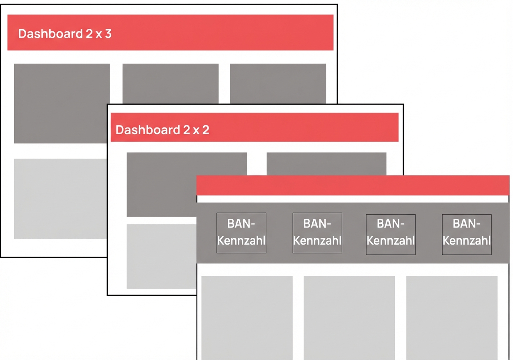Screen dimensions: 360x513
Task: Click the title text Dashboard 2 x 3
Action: click(65, 33)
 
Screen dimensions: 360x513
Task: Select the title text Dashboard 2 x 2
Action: click(162, 130)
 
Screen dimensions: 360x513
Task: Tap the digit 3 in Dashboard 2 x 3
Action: click(108, 33)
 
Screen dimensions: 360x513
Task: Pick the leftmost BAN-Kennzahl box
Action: click(241, 233)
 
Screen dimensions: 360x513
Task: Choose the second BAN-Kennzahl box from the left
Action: click(317, 233)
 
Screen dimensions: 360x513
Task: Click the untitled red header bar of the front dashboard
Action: click(353, 185)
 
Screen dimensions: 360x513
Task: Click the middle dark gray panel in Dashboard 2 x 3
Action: click(170, 83)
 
